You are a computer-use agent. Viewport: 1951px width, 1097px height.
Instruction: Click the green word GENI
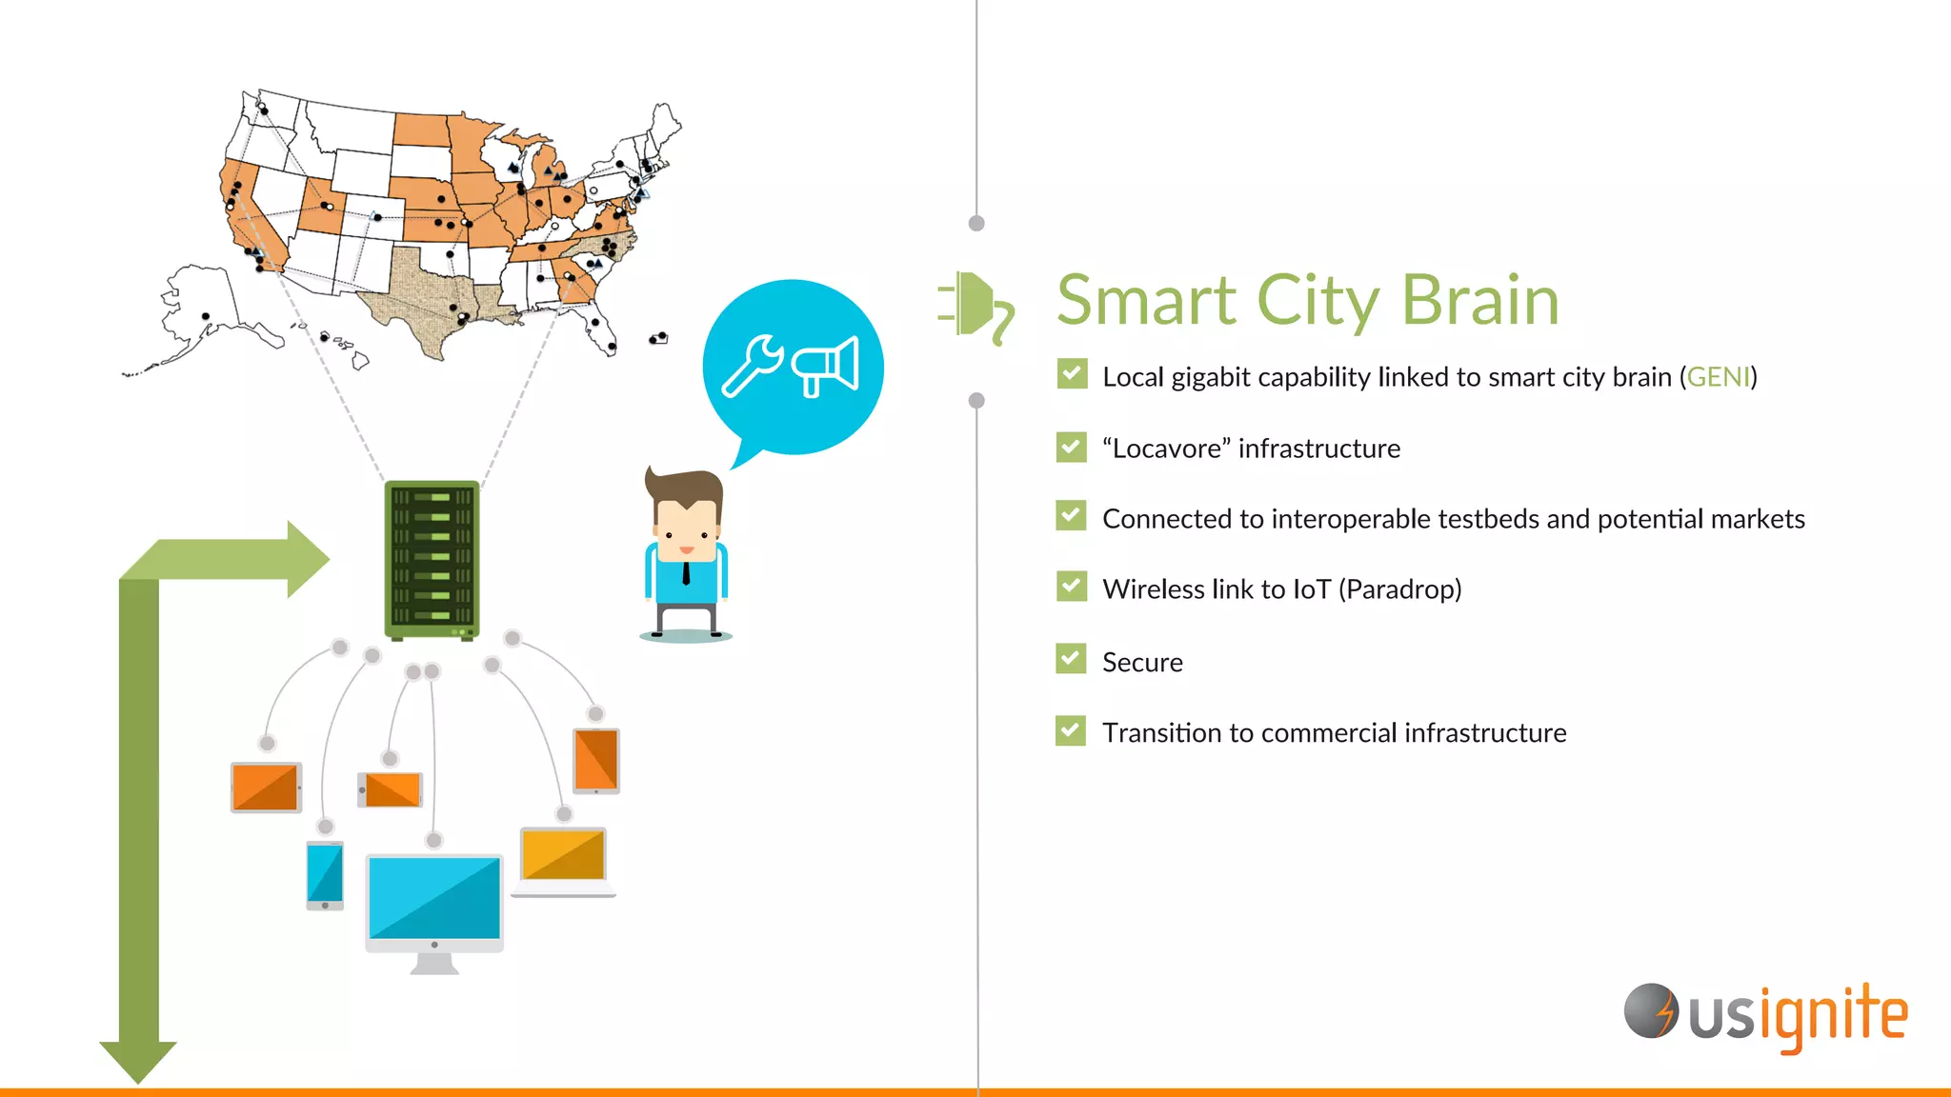click(1719, 377)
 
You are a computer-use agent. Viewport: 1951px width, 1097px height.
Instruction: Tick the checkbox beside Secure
click(1071, 659)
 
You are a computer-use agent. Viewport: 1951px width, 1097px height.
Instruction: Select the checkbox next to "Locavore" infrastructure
click(1071, 447)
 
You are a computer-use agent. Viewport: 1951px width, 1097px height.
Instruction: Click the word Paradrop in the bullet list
click(1399, 589)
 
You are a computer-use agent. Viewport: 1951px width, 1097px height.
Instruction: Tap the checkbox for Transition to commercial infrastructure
click(1071, 730)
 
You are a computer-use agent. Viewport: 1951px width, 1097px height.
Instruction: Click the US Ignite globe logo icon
click(1650, 1011)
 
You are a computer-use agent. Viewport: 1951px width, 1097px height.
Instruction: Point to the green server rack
click(432, 559)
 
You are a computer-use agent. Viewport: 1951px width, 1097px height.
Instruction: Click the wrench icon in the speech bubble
click(752, 366)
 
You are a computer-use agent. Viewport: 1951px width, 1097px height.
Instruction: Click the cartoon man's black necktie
click(686, 573)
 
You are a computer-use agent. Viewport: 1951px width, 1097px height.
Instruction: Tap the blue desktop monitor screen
click(434, 897)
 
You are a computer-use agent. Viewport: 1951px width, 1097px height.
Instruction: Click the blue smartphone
click(325, 874)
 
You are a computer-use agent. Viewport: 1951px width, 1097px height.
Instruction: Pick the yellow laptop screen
click(563, 854)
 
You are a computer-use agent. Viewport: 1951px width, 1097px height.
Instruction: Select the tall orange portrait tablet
click(596, 760)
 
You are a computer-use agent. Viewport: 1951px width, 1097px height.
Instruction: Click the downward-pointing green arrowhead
click(138, 1059)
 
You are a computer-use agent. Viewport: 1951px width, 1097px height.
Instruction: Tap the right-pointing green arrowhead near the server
click(307, 559)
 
